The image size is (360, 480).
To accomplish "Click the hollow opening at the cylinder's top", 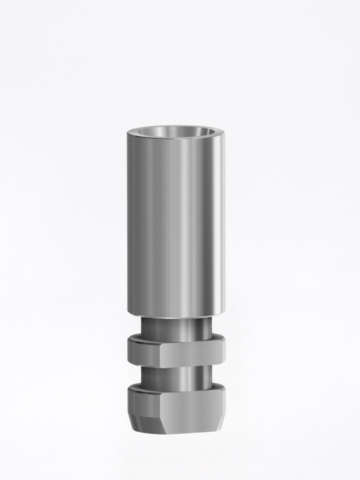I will point(176,133).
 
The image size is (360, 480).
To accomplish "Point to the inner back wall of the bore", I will point(176,129).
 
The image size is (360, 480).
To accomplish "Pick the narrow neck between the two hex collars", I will point(176,378).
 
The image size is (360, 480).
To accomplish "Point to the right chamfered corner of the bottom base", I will point(219,422).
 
